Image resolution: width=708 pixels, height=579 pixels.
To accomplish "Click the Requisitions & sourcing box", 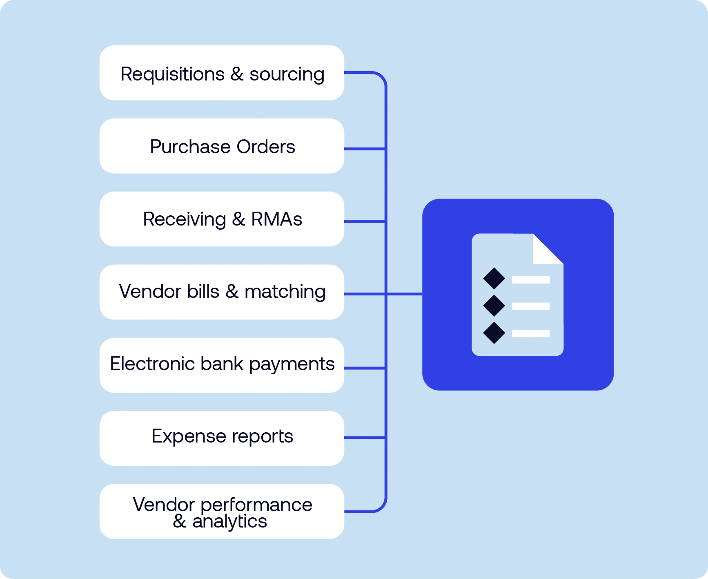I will pyautogui.click(x=222, y=73).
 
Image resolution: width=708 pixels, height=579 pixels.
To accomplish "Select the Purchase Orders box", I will pyautogui.click(x=222, y=146).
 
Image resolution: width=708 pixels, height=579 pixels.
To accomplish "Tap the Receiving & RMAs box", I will pyautogui.click(x=222, y=219).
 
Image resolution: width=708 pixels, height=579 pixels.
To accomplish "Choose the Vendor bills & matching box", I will pyautogui.click(x=222, y=292).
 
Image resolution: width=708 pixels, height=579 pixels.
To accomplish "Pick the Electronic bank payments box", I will pyautogui.click(x=222, y=365).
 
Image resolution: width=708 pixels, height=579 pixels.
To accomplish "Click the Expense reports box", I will pyautogui.click(x=222, y=438).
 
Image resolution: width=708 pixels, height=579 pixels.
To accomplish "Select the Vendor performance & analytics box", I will pyautogui.click(x=222, y=511).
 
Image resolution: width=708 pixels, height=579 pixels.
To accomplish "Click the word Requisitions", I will pyautogui.click(x=172, y=74).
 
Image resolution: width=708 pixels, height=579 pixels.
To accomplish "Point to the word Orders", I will pyautogui.click(x=266, y=147).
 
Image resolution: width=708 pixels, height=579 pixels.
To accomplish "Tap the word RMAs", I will pyautogui.click(x=276, y=219).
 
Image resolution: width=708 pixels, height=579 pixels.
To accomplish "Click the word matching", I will pyautogui.click(x=285, y=292).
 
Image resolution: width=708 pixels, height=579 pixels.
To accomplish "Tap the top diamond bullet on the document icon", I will pyautogui.click(x=494, y=278).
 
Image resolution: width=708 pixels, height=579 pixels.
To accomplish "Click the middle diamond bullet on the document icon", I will pyautogui.click(x=494, y=306).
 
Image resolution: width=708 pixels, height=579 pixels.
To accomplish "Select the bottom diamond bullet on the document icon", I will pyautogui.click(x=494, y=333).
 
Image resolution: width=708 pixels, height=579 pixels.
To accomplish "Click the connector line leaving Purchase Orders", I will pyautogui.click(x=365, y=149).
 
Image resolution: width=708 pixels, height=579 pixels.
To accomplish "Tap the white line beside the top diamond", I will pyautogui.click(x=531, y=280).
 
